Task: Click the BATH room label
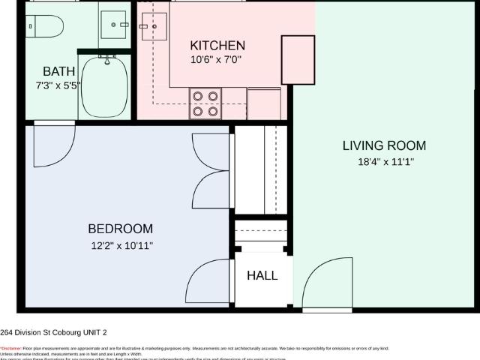(58, 71)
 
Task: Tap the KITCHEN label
(217, 46)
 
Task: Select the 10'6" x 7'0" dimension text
(217, 60)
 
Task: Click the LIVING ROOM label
(384, 145)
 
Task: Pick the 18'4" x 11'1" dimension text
(384, 161)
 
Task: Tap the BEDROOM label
(121, 229)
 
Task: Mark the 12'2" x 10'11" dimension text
(121, 244)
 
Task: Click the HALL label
(262, 275)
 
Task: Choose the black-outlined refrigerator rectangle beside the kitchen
(298, 59)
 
